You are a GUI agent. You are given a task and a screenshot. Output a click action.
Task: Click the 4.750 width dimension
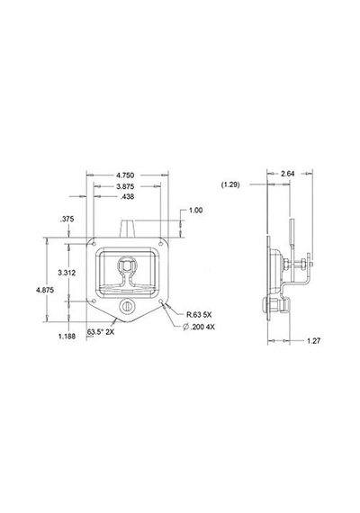[x=126, y=175]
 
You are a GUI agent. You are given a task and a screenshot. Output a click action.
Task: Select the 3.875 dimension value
[x=125, y=186]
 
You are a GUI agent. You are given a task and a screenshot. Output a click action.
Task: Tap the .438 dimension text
[x=127, y=196]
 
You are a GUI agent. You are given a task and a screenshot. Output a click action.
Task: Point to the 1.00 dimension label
[x=195, y=211]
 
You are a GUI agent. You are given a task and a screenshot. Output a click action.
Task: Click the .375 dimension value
[x=67, y=220]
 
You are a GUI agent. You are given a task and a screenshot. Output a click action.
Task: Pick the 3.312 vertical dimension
[x=67, y=273]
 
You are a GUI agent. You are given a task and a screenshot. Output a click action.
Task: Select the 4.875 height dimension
[x=45, y=290]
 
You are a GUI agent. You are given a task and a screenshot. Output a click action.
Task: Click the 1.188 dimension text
[x=67, y=336]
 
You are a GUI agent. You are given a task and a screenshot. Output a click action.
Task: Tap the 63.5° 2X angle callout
[x=101, y=332]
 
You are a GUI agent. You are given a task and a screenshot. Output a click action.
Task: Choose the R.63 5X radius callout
[x=199, y=315]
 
